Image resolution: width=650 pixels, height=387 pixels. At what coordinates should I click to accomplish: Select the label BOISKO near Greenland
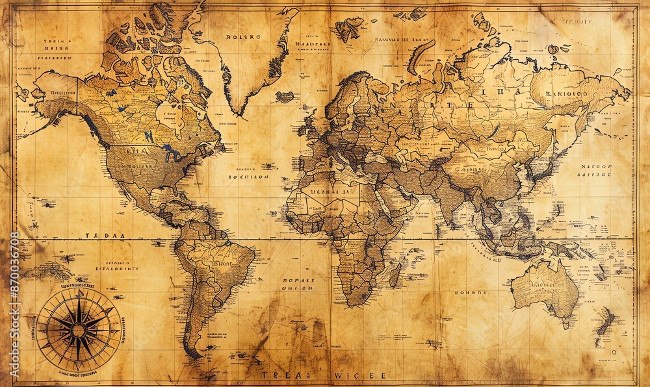coord(243,37)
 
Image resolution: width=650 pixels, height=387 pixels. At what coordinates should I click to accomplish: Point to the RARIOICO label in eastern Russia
coord(567,93)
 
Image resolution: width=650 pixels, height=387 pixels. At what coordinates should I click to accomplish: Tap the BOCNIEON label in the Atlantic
coord(248,176)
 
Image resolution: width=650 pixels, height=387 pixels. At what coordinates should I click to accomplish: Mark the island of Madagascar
coord(395,274)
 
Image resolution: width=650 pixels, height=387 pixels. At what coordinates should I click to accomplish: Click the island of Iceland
coord(284,97)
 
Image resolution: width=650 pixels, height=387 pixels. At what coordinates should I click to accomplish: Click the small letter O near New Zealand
coord(614,351)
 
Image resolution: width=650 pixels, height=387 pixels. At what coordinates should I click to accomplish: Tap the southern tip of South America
coord(194,355)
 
